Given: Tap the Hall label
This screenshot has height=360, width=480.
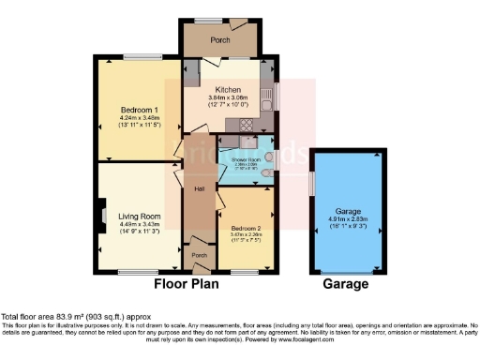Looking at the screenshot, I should (x=200, y=190).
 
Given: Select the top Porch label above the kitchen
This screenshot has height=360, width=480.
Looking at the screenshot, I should (x=220, y=40).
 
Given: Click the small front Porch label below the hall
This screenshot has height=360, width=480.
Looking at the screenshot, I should (x=199, y=255).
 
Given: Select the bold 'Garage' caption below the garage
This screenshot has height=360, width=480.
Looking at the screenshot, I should (x=348, y=285).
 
